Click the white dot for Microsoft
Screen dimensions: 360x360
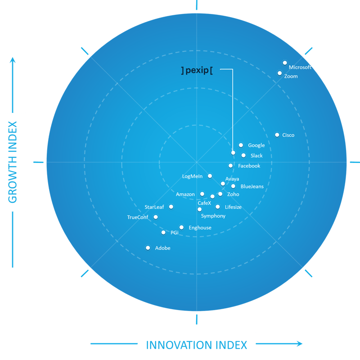click(285, 63)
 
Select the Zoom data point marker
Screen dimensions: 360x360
click(280, 73)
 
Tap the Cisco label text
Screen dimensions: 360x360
click(288, 135)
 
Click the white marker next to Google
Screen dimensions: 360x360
click(241, 145)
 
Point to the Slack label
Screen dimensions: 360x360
click(256, 156)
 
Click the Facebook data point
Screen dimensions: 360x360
click(230, 166)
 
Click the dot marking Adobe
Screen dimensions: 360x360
click(148, 247)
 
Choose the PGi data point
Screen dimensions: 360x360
click(163, 232)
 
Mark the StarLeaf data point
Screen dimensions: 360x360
click(171, 207)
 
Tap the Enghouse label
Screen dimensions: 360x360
click(200, 228)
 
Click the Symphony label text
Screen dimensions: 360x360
click(213, 216)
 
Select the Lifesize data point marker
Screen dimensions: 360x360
click(218, 207)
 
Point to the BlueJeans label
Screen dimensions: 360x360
click(252, 186)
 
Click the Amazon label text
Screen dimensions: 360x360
click(185, 194)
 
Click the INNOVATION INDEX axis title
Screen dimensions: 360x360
click(196, 345)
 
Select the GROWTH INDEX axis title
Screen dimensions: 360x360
click(13, 162)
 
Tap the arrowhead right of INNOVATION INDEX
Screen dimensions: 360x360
click(299, 344)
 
